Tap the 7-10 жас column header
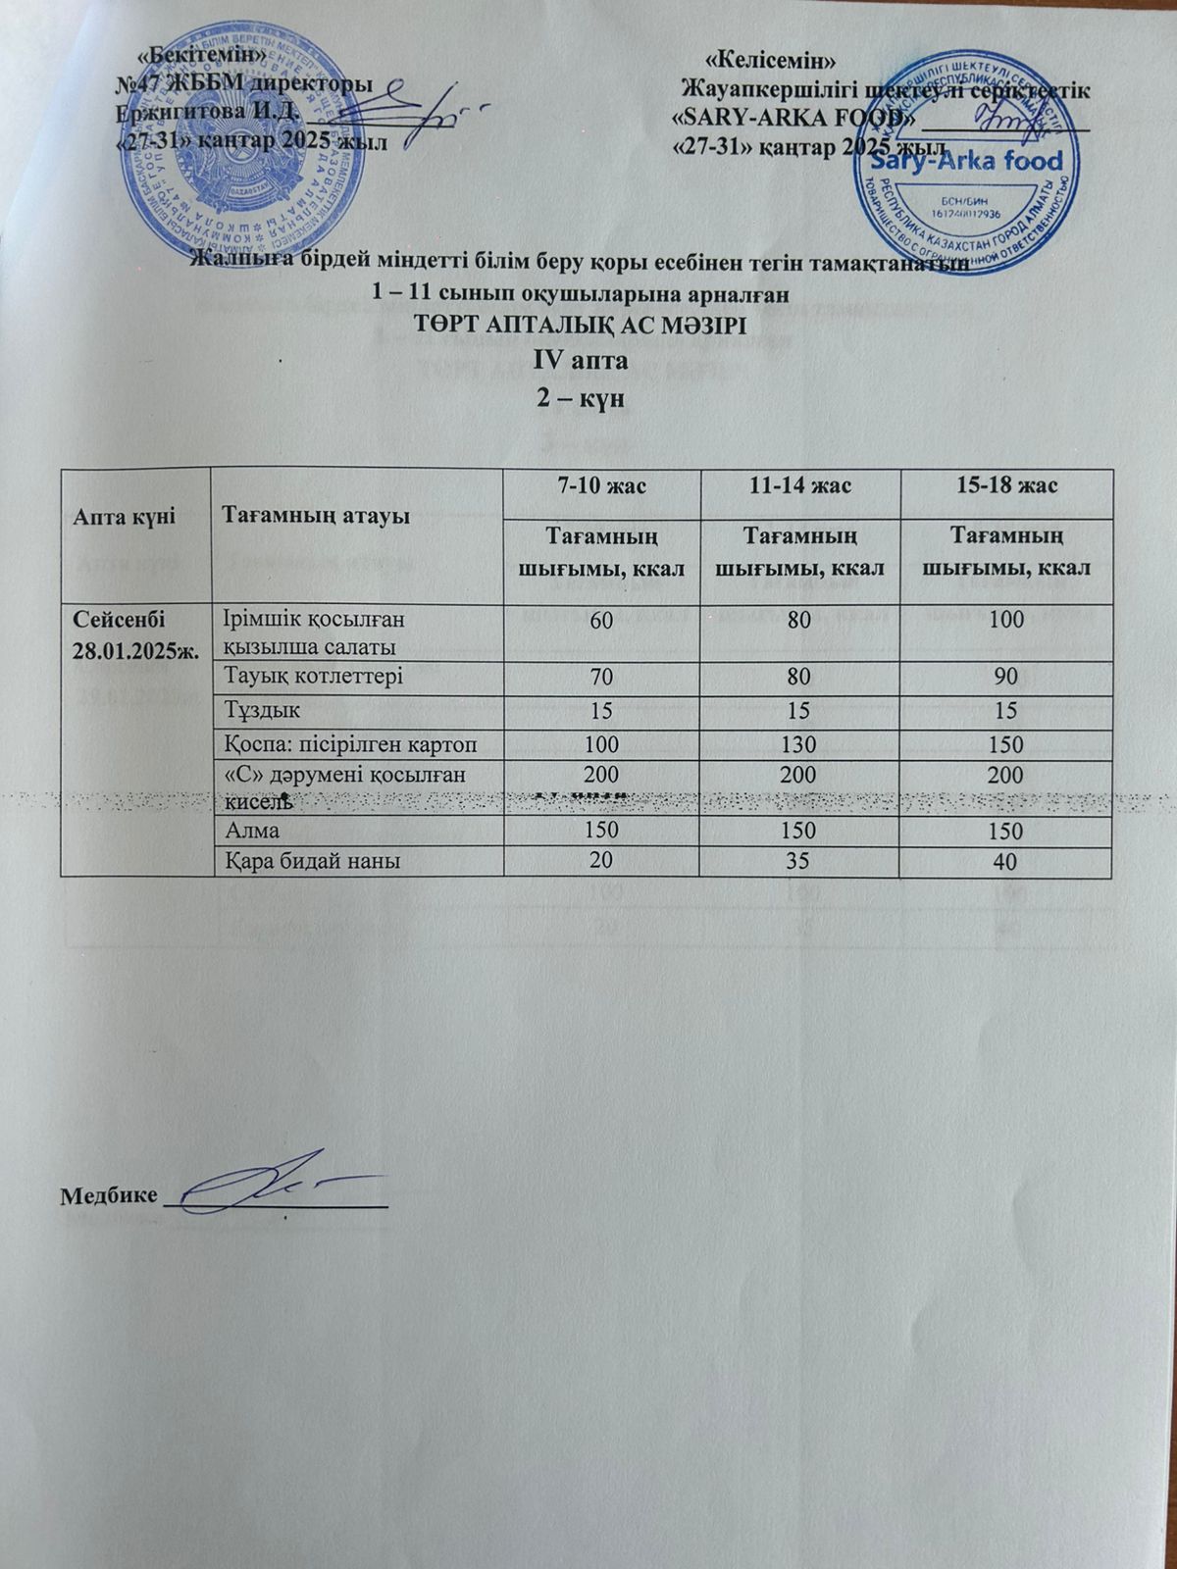point(601,485)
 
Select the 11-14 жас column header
point(797,485)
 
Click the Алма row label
point(252,831)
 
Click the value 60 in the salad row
point(601,619)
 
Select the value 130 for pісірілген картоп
point(797,743)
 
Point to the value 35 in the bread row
point(797,861)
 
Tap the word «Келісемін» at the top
point(771,58)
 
